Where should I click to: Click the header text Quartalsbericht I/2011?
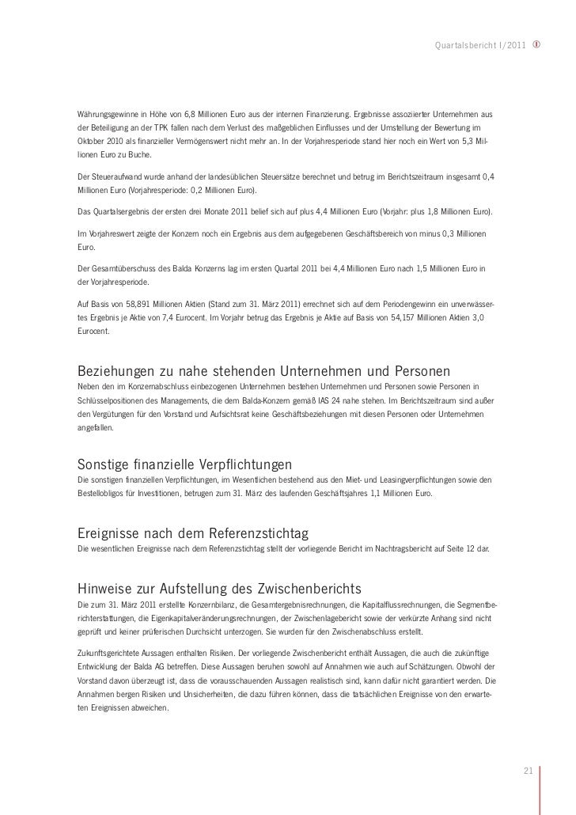pos(479,42)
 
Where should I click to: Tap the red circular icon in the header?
pos(538,42)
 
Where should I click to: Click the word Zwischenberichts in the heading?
pos(309,589)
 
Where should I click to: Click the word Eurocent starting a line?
pos(93,332)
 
